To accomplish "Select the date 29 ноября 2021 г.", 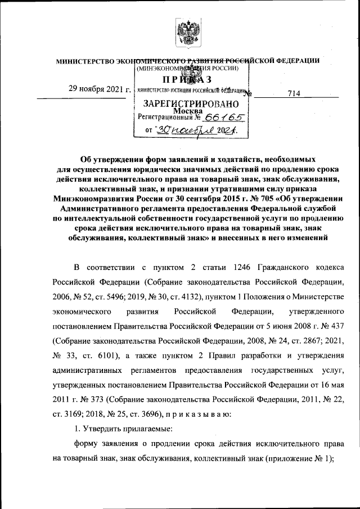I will click(100, 89).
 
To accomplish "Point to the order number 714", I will click(294, 94).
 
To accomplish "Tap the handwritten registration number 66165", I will click(225, 118).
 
